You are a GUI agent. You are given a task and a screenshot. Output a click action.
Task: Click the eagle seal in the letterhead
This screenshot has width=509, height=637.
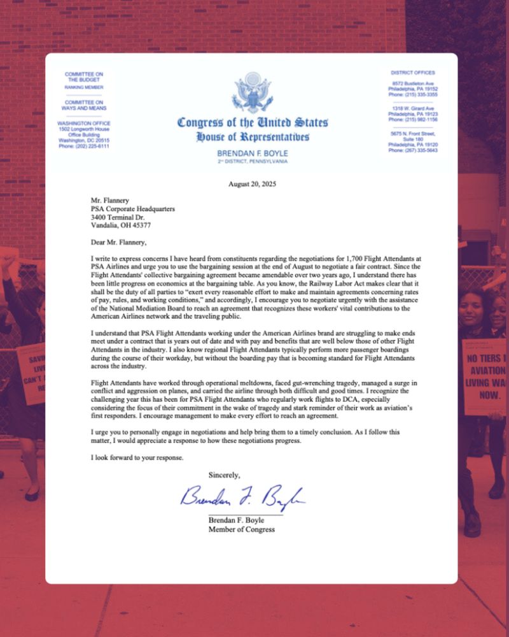pos(253,93)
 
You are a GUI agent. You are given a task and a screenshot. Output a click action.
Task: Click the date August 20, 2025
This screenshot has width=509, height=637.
pos(253,184)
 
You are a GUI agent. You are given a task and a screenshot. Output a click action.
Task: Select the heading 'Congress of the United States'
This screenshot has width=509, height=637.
pos(253,122)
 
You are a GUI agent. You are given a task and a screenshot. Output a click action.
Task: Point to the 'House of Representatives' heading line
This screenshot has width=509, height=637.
pos(253,137)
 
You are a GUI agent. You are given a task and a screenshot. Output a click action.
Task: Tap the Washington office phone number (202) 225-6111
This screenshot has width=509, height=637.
pos(83,146)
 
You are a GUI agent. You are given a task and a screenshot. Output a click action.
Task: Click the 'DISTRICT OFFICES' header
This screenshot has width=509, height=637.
pos(412,73)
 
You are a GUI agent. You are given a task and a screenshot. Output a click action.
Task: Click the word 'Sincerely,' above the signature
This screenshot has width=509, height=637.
pos(225,475)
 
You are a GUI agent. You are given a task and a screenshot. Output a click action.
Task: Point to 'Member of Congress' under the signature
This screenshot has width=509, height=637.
pos(242,529)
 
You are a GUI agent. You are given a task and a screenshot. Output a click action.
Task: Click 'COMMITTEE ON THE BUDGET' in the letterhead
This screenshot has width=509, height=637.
pos(83,77)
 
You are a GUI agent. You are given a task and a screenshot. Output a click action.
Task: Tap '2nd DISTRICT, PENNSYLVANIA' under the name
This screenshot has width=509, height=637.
pos(253,162)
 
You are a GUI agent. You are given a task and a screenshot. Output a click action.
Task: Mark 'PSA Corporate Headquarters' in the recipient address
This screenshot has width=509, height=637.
pos(134,208)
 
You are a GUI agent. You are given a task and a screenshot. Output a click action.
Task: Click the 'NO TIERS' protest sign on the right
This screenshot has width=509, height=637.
pos(485,376)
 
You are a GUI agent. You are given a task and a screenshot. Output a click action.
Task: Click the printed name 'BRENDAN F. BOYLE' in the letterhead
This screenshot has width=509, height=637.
pos(253,154)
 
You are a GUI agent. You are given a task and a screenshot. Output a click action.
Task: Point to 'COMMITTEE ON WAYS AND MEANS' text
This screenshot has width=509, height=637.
pos(83,105)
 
